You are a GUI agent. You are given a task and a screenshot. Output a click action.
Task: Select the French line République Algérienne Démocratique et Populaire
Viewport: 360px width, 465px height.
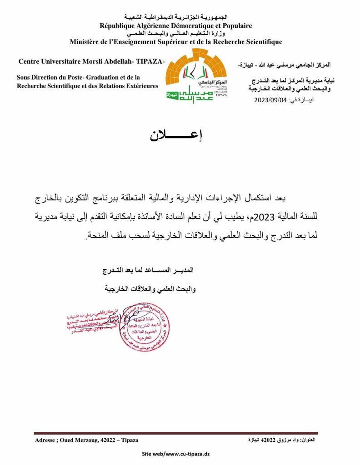[175, 26]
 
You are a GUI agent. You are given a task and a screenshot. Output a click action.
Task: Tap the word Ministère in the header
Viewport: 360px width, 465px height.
[86, 42]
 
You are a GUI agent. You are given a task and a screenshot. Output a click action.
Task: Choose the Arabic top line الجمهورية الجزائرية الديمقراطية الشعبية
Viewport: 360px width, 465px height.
[175, 17]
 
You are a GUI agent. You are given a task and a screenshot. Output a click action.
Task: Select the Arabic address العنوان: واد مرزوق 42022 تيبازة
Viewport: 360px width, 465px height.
[283, 440]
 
